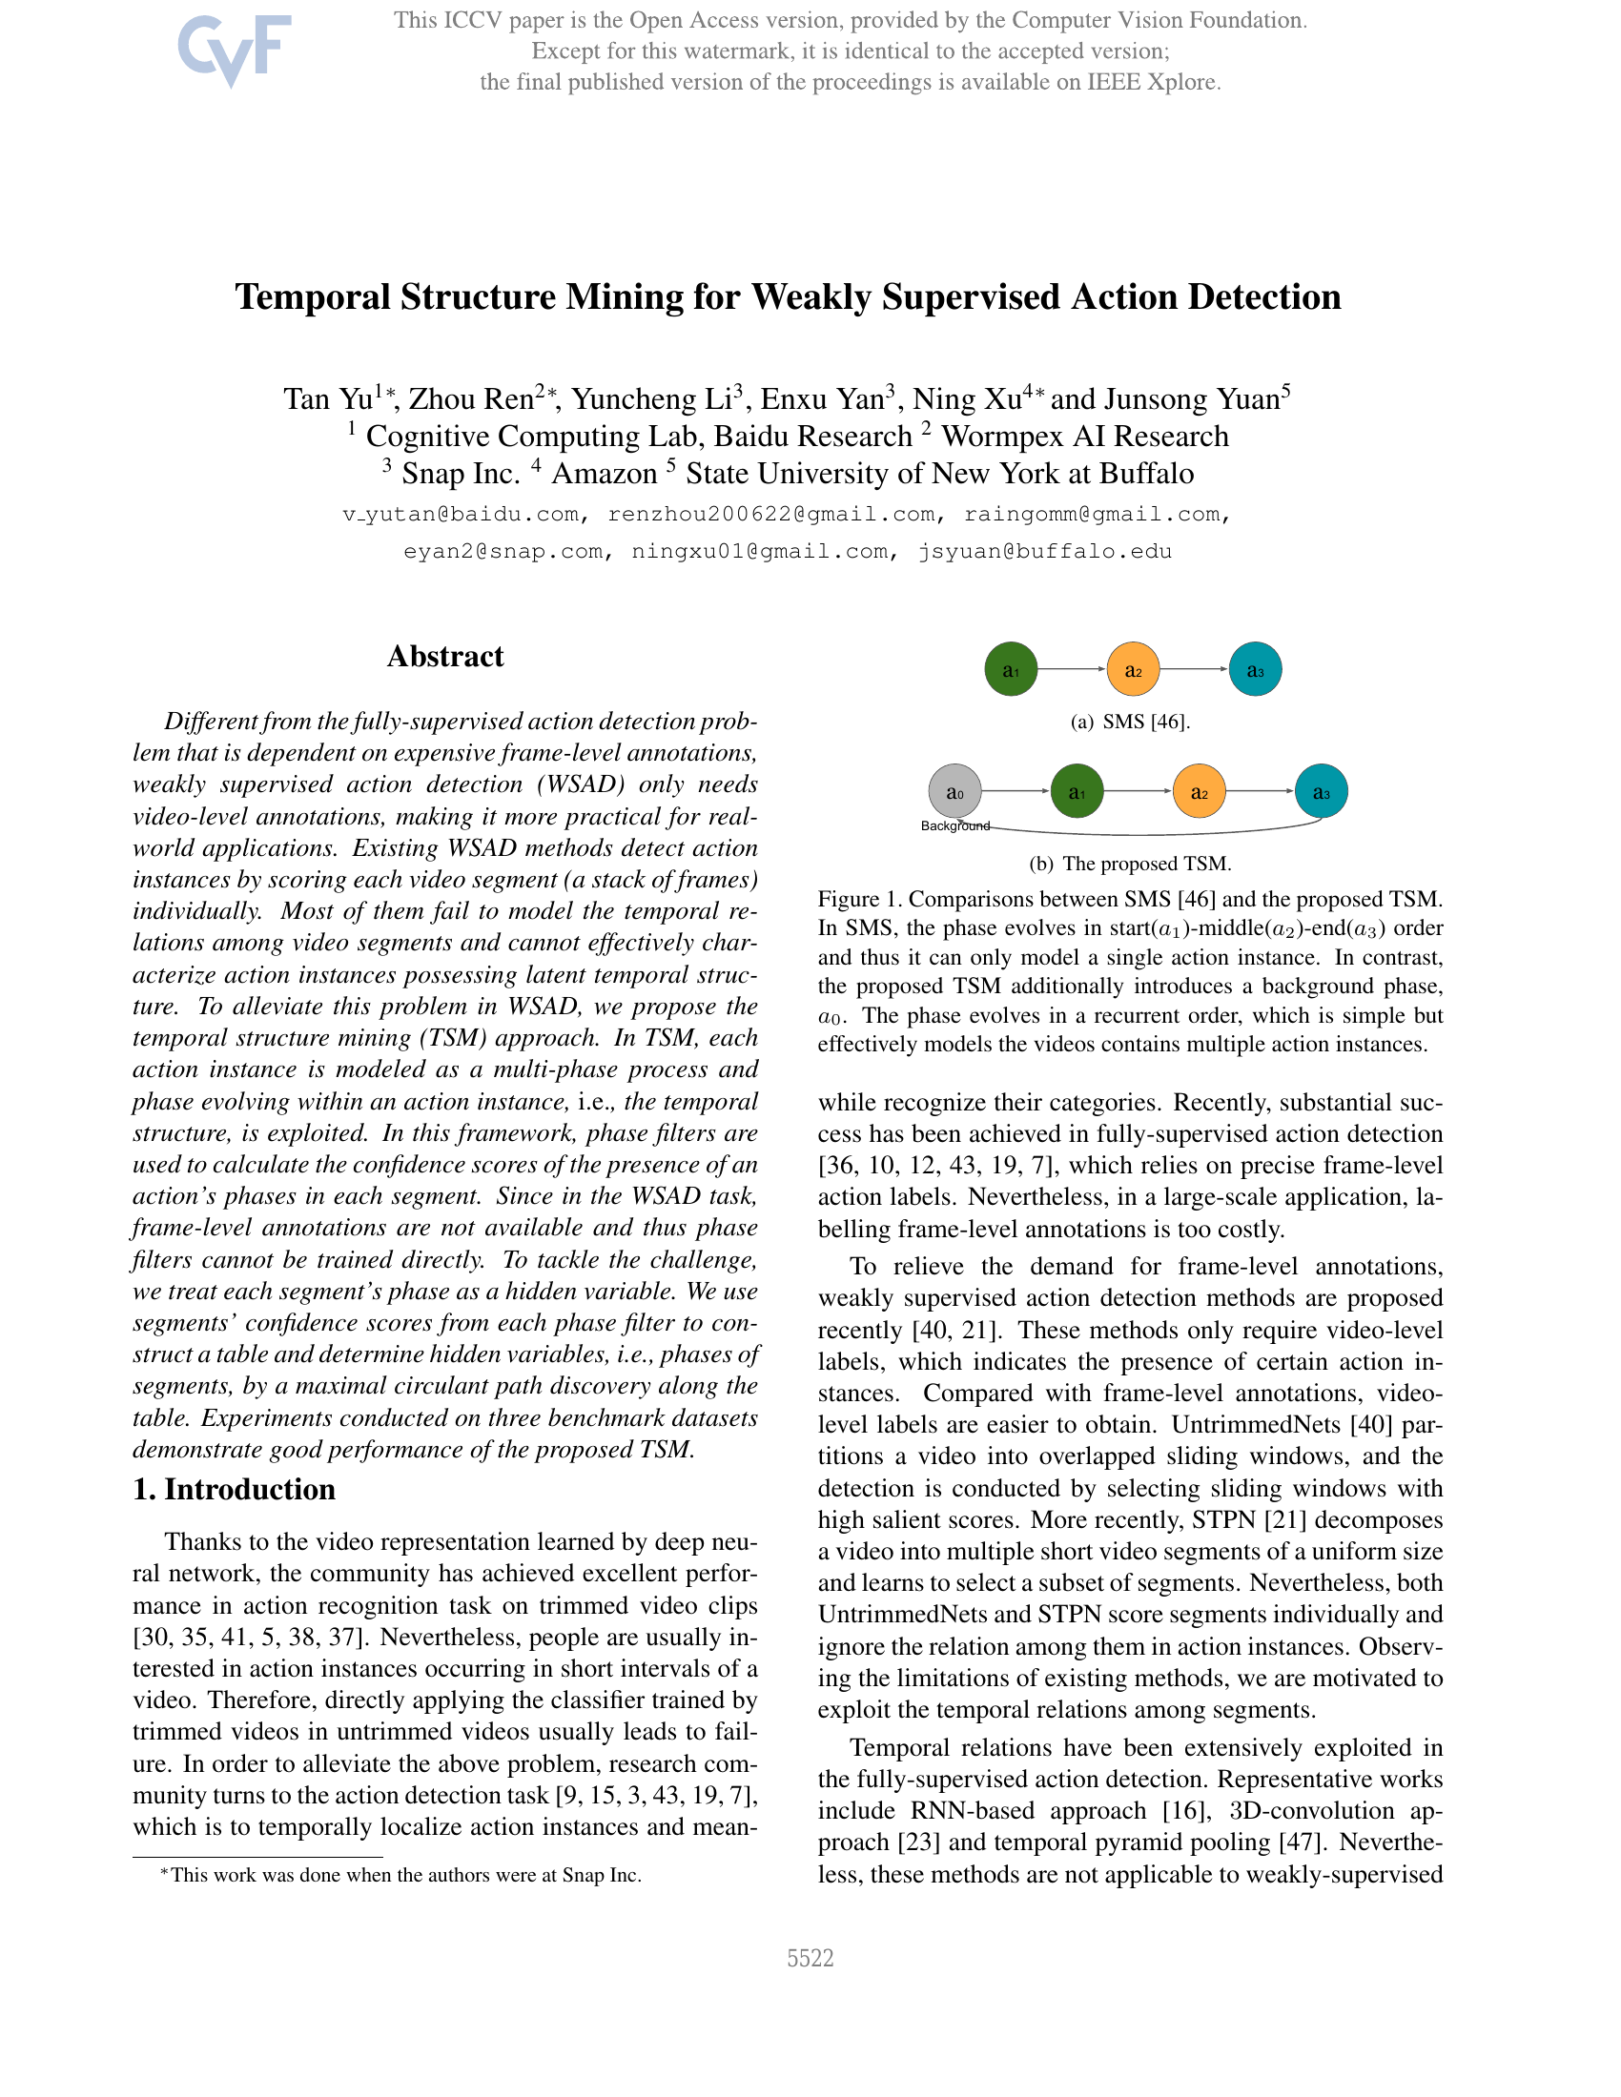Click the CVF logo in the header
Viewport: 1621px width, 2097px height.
click(x=234, y=49)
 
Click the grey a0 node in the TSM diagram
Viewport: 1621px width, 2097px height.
click(x=954, y=792)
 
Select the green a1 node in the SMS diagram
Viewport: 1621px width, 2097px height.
click(x=1010, y=669)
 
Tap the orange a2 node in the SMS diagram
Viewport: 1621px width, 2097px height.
click(x=1133, y=669)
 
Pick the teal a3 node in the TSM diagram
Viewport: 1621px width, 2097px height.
click(x=1322, y=792)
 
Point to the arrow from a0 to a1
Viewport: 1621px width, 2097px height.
click(x=1016, y=791)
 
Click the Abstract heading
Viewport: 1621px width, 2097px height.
click(x=444, y=657)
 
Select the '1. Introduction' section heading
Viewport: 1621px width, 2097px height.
click(x=235, y=1489)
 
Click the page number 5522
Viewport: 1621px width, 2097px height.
click(x=810, y=1958)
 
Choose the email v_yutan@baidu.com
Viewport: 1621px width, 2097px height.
click(x=461, y=515)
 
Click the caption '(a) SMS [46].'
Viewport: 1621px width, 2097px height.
click(x=1130, y=723)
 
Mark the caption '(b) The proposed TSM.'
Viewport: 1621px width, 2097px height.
click(x=1130, y=864)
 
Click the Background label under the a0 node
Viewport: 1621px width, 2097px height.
click(x=954, y=825)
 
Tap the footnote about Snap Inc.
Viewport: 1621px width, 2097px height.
click(x=400, y=1875)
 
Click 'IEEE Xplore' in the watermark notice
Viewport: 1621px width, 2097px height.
click(x=1153, y=83)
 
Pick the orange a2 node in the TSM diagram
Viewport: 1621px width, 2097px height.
click(x=1200, y=792)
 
